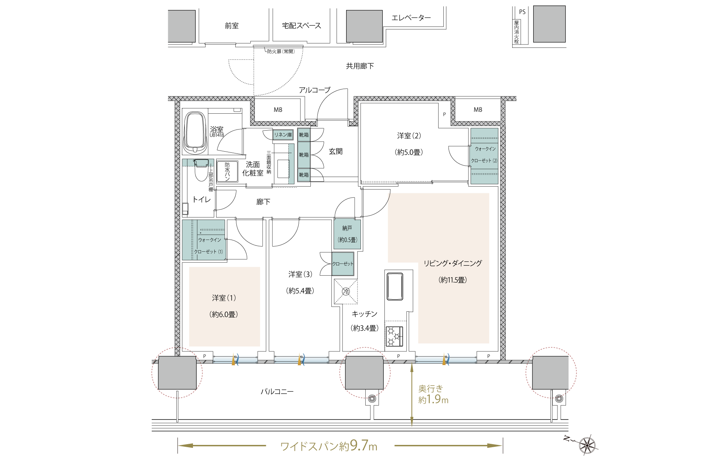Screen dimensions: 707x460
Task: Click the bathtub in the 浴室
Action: point(195,132)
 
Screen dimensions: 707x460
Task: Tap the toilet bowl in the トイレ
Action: point(201,170)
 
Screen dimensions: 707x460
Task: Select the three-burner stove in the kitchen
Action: point(394,336)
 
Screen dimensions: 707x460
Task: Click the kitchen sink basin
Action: point(394,287)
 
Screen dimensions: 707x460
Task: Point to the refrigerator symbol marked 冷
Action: point(346,291)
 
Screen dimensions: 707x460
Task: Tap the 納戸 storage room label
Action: point(347,228)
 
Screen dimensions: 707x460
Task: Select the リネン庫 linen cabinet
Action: point(283,135)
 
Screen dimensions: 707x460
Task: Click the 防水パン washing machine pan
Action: point(227,171)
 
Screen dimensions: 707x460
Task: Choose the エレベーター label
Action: point(411,18)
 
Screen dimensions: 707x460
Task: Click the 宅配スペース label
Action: point(302,26)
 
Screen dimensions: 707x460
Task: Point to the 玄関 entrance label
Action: point(336,151)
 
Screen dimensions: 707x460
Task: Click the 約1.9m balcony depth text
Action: point(433,400)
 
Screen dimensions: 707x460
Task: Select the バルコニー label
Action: point(277,392)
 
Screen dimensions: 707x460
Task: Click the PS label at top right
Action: point(522,12)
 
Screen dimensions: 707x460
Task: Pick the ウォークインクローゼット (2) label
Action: point(485,155)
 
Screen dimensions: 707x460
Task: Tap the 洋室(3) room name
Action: point(300,275)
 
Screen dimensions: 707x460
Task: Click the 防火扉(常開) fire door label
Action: point(281,52)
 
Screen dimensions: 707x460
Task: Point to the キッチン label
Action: point(365,314)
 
